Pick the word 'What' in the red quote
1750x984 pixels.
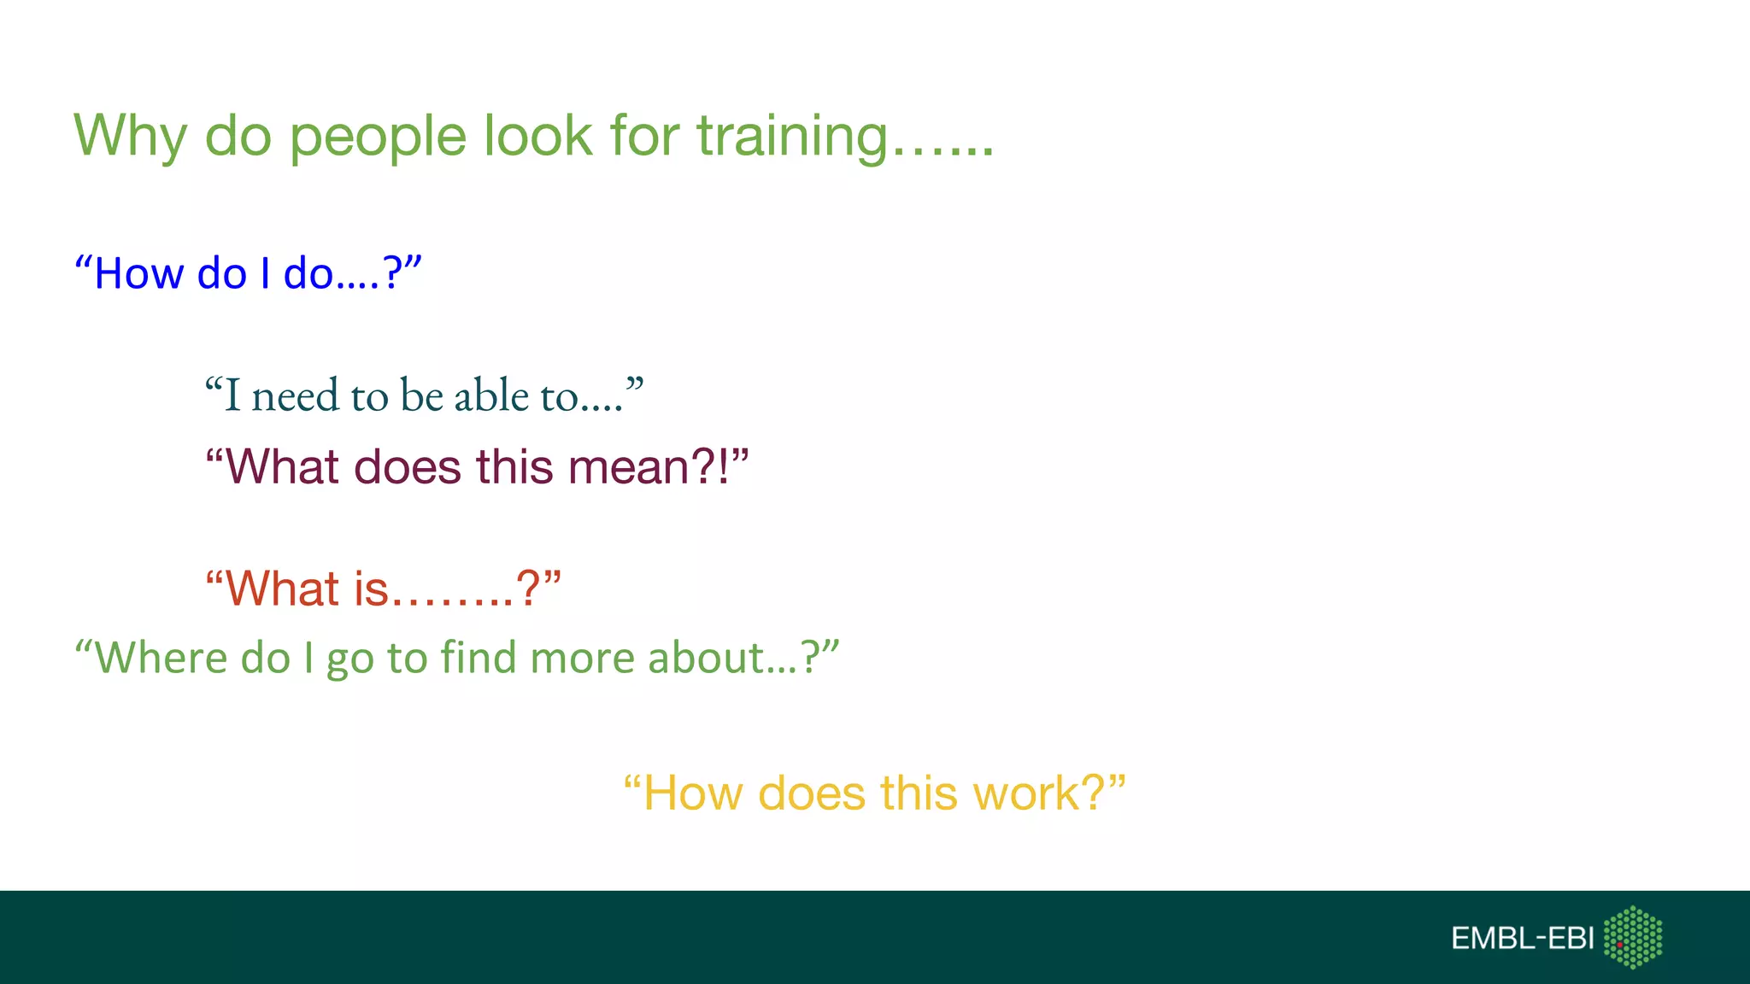point(282,589)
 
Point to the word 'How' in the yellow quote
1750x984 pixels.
point(692,793)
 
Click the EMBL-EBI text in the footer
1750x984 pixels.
point(1522,939)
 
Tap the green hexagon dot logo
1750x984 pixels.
point(1633,938)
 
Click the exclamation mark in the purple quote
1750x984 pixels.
point(725,467)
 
